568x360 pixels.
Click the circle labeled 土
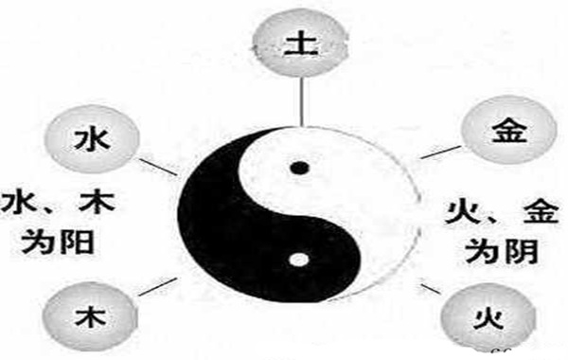[299, 44]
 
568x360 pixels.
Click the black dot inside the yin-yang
[299, 170]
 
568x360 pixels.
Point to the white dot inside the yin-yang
[299, 258]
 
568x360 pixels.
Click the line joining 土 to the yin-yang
[299, 99]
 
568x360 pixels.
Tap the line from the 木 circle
[159, 285]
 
